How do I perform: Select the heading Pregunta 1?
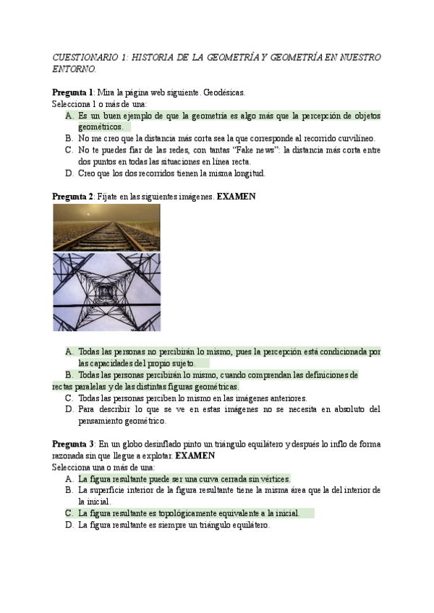point(72,93)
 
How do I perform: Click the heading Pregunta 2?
point(72,197)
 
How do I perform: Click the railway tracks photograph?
point(106,227)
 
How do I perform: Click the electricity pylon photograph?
point(106,291)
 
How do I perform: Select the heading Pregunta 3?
point(72,443)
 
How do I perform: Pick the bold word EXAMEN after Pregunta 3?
point(195,455)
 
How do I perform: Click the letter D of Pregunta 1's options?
point(69,173)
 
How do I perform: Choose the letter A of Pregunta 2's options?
point(69,352)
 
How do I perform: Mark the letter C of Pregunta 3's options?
point(69,513)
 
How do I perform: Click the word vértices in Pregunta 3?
point(272,479)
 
